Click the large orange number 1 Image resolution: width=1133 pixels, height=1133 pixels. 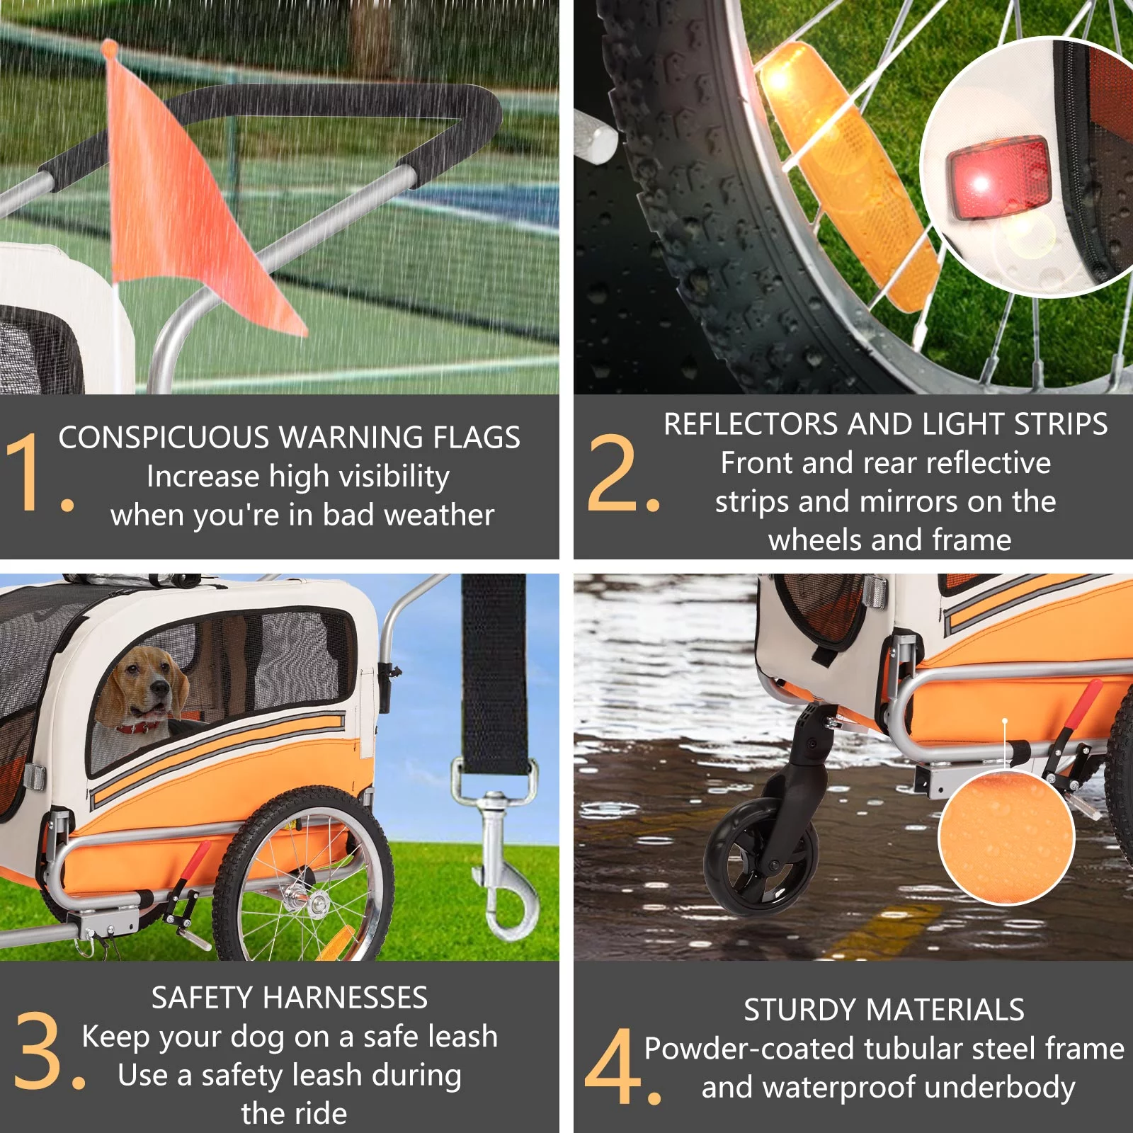pyautogui.click(x=24, y=471)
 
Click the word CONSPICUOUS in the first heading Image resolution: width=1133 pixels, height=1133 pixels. pyautogui.click(x=163, y=438)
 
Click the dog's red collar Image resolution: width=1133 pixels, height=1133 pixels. pyautogui.click(x=141, y=727)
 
